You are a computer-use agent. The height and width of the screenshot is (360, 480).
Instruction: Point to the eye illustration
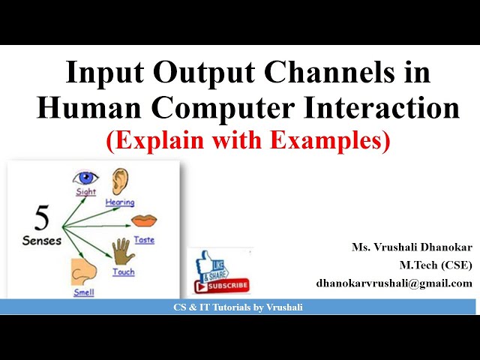coord(85,178)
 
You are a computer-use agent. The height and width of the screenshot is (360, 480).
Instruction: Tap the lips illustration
coord(143,220)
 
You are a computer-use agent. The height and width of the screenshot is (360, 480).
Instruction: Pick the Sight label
coord(86,192)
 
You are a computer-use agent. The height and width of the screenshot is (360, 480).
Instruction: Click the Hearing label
coord(119,202)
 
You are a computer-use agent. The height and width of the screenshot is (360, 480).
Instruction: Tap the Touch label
coord(124,271)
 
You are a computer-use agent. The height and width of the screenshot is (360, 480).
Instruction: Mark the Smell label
coord(83,292)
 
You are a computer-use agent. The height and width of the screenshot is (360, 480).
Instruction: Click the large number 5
coord(43,220)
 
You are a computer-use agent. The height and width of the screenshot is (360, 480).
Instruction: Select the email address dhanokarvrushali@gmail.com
coord(394,283)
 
